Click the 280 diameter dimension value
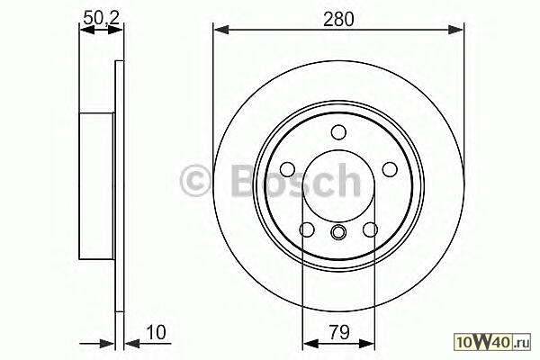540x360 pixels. coord(338,19)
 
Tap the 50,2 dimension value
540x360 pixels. coord(101,17)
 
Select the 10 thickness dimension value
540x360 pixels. coord(156,332)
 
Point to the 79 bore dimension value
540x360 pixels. coord(339,332)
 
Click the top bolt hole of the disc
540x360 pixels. coord(338,132)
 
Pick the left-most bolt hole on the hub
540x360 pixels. coord(287,169)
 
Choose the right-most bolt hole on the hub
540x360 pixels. coord(390,169)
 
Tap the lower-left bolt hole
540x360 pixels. coord(307,229)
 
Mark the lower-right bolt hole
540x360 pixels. coord(371,229)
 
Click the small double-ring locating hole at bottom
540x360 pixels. coord(338,231)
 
